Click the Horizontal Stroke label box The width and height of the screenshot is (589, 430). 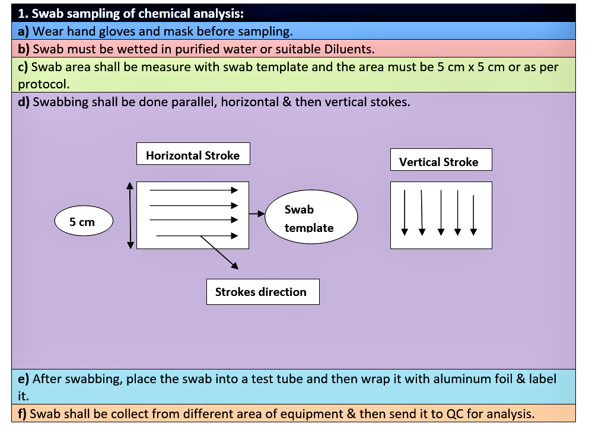[193, 155]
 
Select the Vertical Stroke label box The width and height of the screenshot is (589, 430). [441, 161]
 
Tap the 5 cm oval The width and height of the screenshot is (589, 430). [82, 222]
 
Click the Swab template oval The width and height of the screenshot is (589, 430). [311, 218]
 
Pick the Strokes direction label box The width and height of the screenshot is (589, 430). [262, 292]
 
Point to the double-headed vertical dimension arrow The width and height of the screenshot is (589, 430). [130, 215]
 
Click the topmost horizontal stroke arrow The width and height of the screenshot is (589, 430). [193, 190]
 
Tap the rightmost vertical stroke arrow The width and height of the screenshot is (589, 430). [473, 214]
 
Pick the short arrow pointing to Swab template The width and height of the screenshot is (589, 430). [256, 213]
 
